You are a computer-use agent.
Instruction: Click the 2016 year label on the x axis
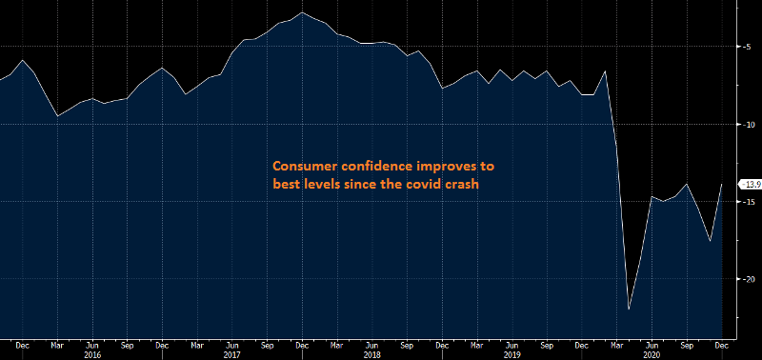pyautogui.click(x=92, y=353)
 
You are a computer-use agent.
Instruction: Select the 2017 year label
pyautogui.click(x=232, y=353)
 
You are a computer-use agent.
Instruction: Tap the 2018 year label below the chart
pyautogui.click(x=372, y=353)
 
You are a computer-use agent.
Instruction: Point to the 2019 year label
pyautogui.click(x=512, y=353)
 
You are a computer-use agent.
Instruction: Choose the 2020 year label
pyautogui.click(x=652, y=353)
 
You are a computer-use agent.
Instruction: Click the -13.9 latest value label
pyautogui.click(x=750, y=184)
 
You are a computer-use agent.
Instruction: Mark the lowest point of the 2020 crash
pyautogui.click(x=629, y=310)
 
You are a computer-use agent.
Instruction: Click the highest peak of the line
pyautogui.click(x=302, y=12)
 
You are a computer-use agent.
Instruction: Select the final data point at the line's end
pyautogui.click(x=722, y=184)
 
